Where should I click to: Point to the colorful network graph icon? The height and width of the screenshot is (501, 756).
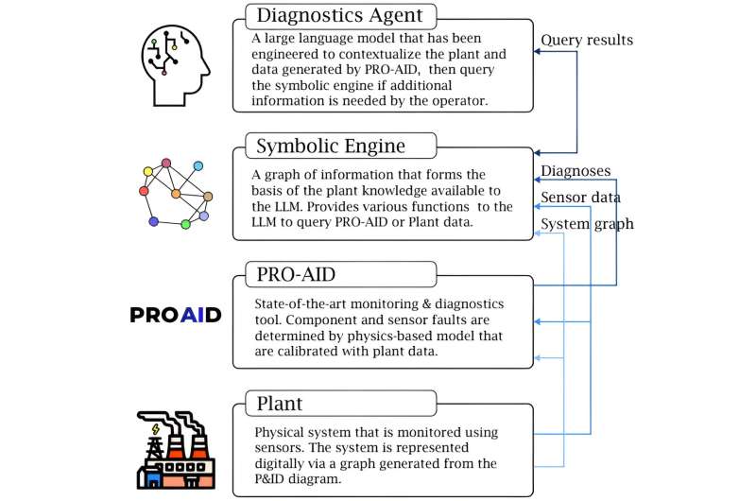pos(175,195)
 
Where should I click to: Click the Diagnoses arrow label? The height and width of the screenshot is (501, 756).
pos(575,171)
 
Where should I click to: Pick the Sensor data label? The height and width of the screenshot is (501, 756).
pos(580,197)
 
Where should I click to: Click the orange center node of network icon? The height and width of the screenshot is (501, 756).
pos(175,194)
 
